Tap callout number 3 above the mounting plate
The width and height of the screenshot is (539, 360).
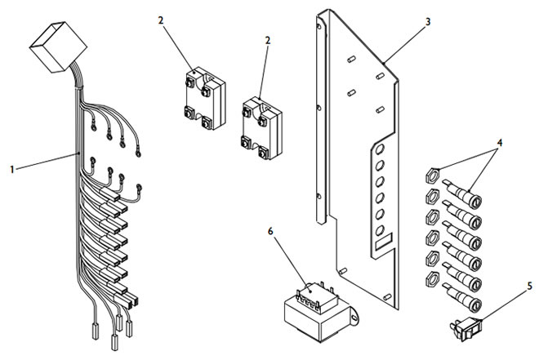(428, 23)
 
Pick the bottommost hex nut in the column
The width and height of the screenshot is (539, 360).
(431, 282)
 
